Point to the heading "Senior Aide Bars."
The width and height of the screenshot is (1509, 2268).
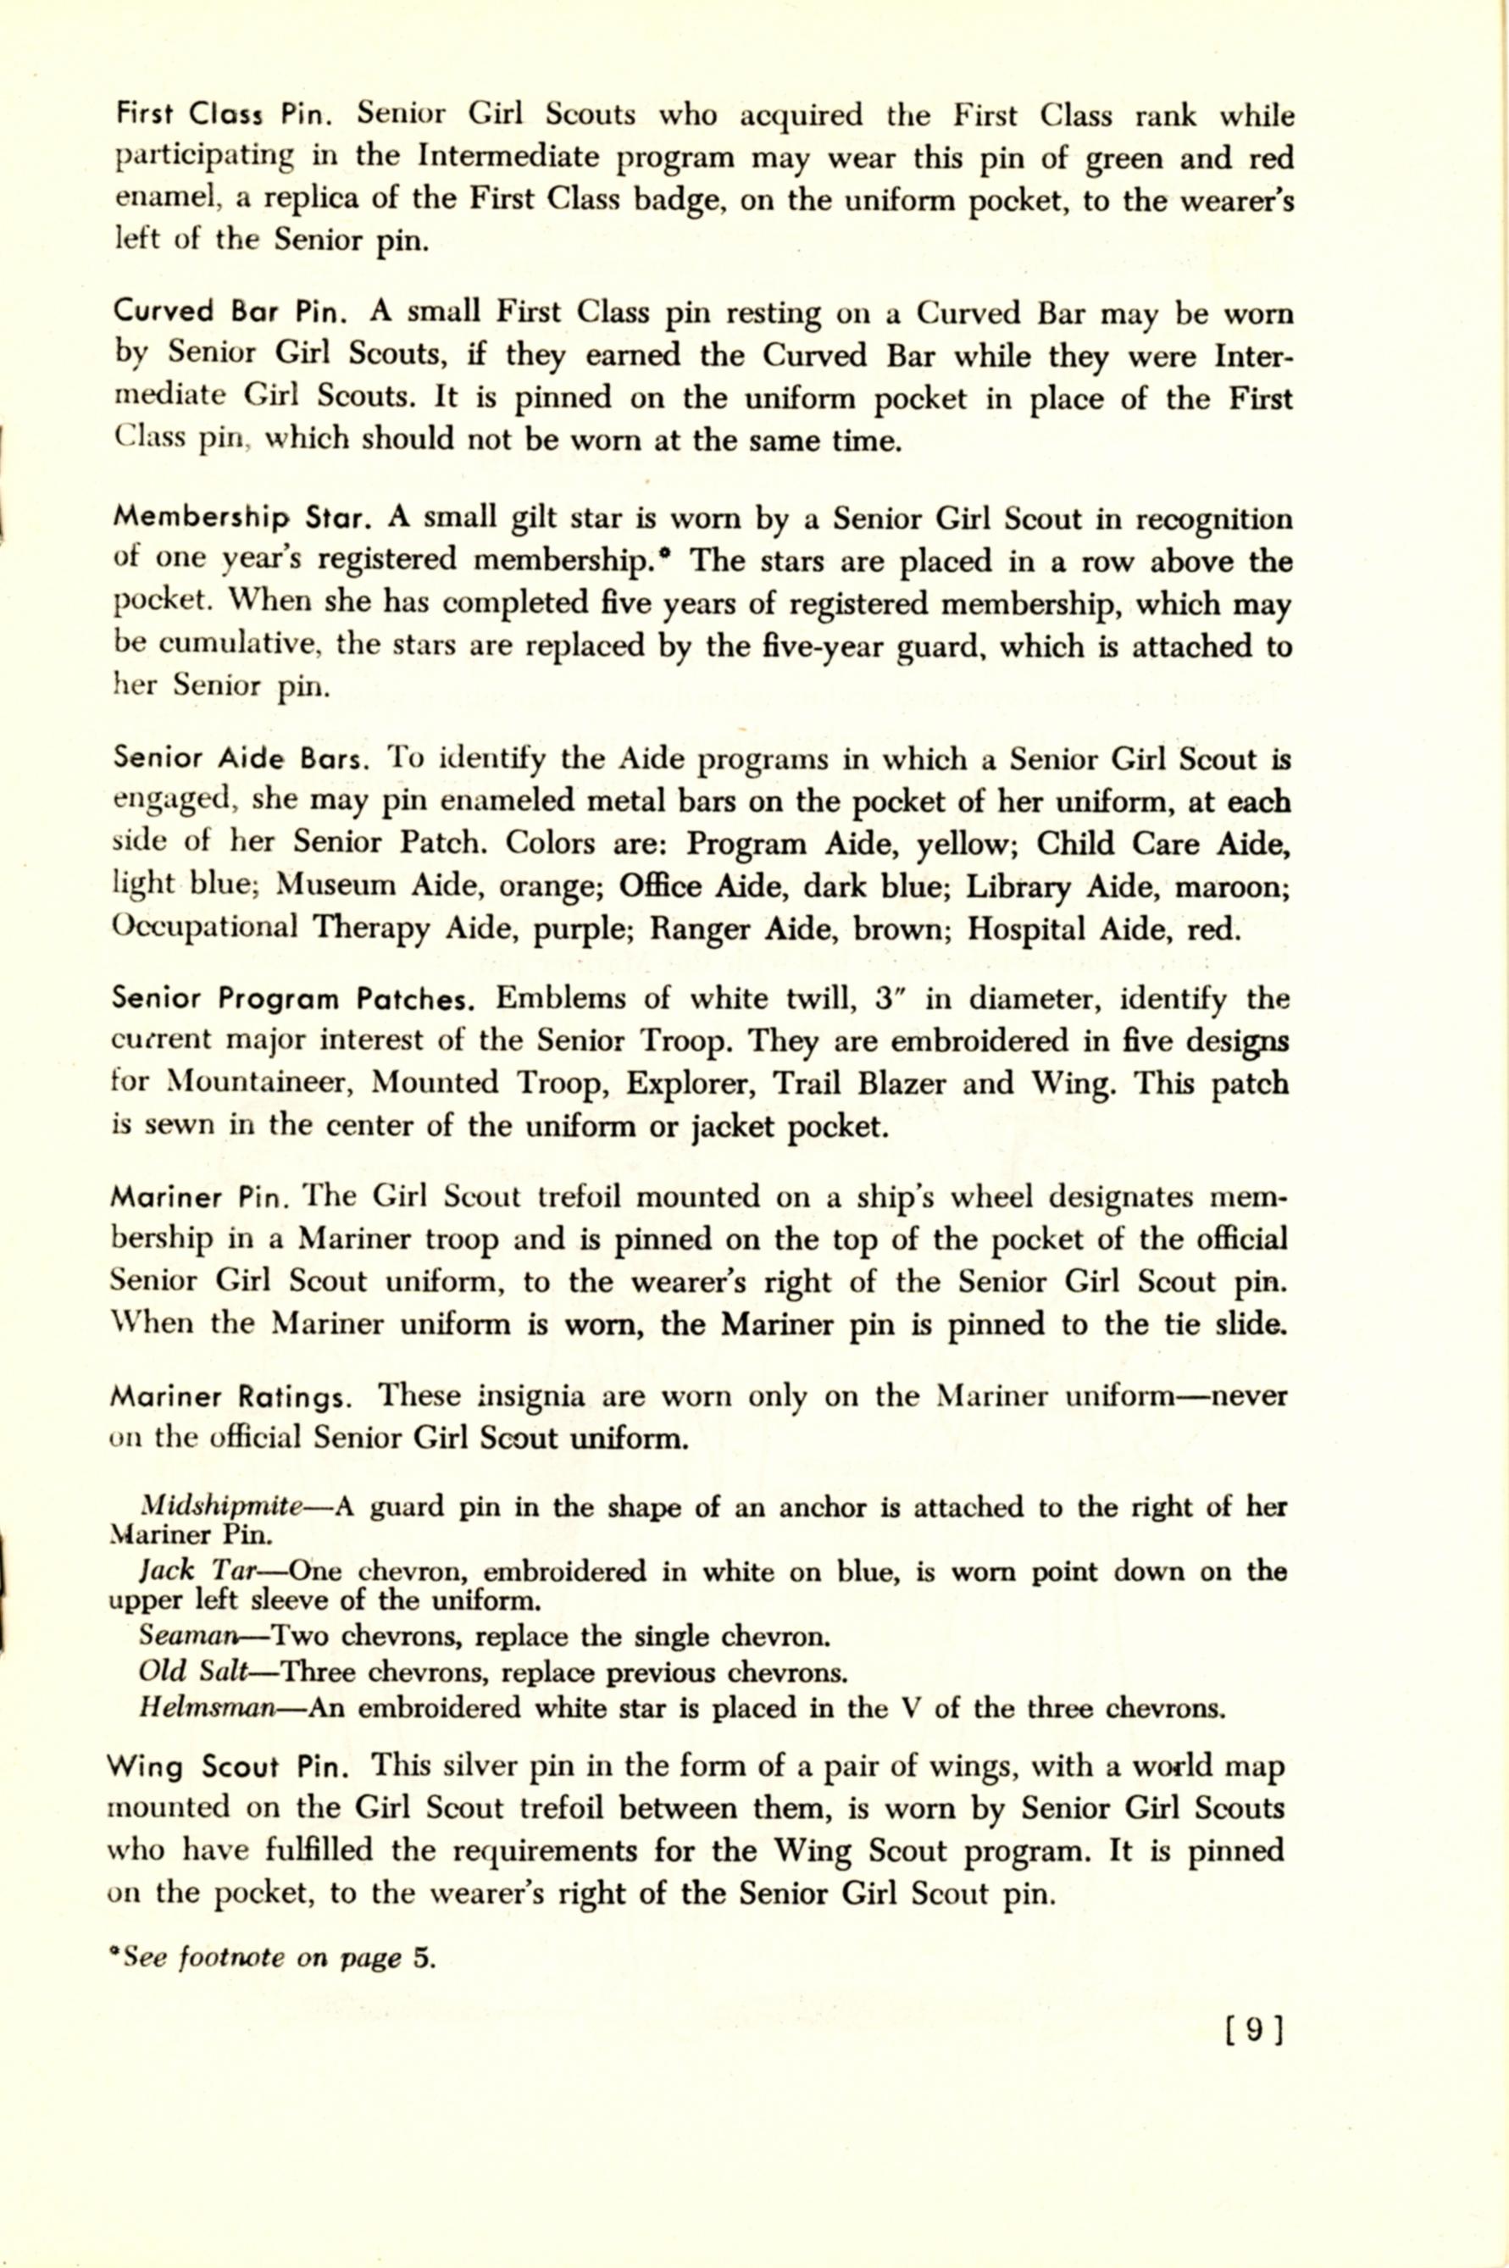click(240, 759)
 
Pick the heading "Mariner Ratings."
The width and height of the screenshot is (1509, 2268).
click(229, 1396)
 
